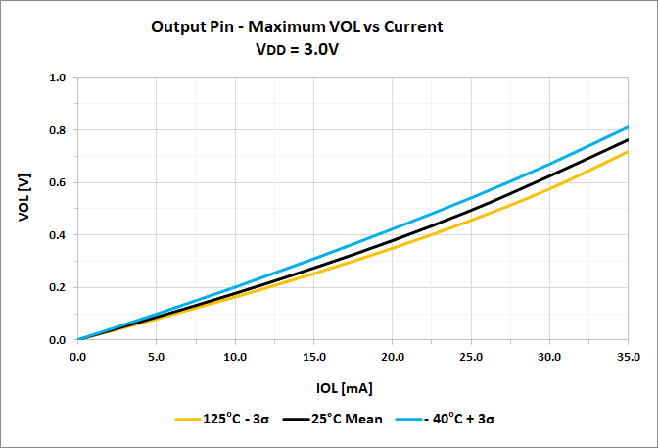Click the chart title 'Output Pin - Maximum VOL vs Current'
tap(297, 27)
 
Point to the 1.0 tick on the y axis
tap(57, 77)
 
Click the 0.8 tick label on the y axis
tap(57, 130)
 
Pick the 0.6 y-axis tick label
tap(57, 183)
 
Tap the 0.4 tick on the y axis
tap(57, 235)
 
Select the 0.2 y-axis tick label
tap(57, 288)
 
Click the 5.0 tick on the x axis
tap(157, 356)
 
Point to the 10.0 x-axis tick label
tap(235, 356)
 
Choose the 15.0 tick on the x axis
tap(313, 356)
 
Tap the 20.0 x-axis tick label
tap(392, 356)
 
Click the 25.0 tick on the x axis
tap(470, 356)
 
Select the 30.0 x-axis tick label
tap(548, 356)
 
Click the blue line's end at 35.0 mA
tap(627, 126)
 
